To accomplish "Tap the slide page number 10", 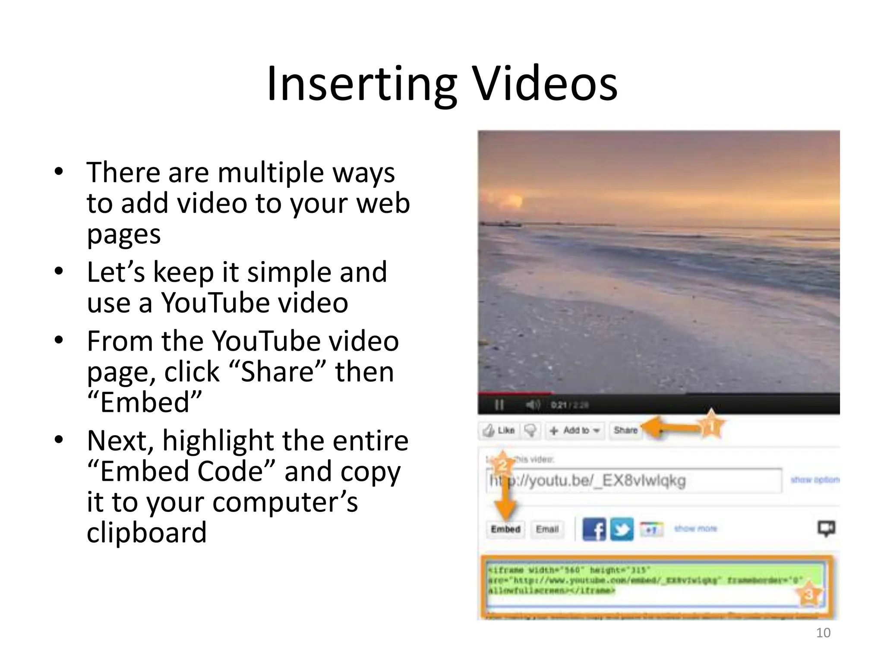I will click(x=823, y=633).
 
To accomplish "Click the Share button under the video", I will click(x=625, y=430).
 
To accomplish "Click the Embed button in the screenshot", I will click(x=505, y=529).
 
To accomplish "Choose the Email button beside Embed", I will click(x=547, y=529).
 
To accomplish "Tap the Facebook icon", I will click(x=594, y=529).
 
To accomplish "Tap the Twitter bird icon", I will click(x=622, y=529).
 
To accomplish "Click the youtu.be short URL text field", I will click(x=635, y=480).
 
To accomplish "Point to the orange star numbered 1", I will click(x=710, y=426).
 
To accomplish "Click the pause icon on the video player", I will click(x=499, y=405).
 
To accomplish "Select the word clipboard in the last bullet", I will click(x=147, y=532).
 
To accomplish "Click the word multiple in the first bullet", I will click(x=271, y=173).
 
